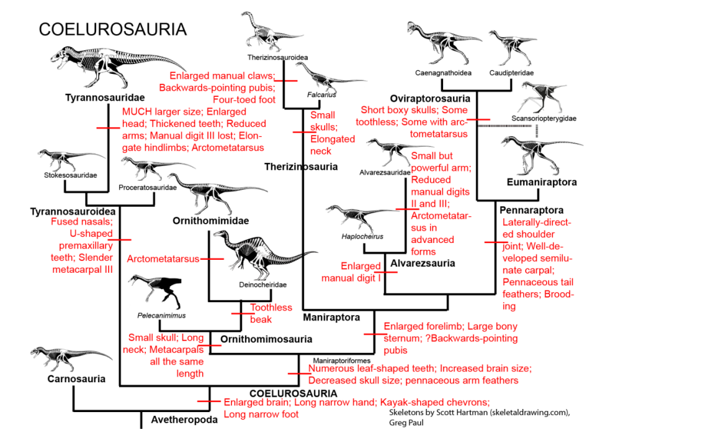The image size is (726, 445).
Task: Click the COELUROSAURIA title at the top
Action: pyautogui.click(x=112, y=30)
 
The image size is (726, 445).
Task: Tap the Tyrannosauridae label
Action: pyautogui.click(x=104, y=98)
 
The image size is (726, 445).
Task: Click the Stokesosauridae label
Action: pyautogui.click(x=63, y=175)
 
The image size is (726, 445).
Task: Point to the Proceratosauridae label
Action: pyautogui.click(x=148, y=187)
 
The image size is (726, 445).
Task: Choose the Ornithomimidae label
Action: pyautogui.click(x=211, y=221)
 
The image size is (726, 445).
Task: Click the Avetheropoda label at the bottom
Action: pyautogui.click(x=184, y=420)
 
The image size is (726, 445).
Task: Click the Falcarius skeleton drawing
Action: pyautogui.click(x=329, y=79)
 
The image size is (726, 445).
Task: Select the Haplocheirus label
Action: pyautogui.click(x=362, y=236)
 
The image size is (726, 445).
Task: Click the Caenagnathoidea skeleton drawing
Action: pyautogui.click(x=442, y=44)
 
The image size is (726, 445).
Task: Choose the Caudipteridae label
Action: pyautogui.click(x=511, y=73)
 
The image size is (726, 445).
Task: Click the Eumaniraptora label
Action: pyautogui.click(x=542, y=182)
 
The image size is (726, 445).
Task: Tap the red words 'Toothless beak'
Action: pyautogui.click(x=271, y=313)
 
